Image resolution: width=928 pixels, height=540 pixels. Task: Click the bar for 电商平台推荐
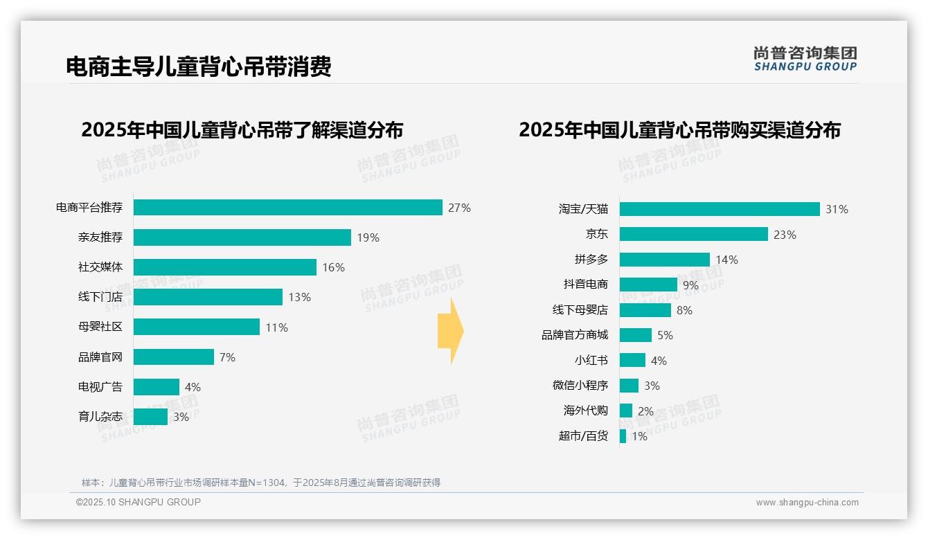click(x=287, y=208)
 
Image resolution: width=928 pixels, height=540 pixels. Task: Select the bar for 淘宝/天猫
click(x=720, y=209)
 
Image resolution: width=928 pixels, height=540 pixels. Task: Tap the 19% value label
click(x=368, y=237)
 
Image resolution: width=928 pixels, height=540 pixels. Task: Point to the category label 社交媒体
click(x=100, y=267)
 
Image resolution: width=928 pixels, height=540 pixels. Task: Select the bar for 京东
click(x=693, y=234)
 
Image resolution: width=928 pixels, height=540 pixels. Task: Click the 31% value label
click(x=837, y=209)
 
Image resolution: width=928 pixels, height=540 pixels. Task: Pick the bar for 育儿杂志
click(x=150, y=417)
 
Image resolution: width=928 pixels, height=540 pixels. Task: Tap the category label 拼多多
click(x=591, y=260)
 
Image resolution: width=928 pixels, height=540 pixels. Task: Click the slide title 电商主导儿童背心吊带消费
click(x=199, y=66)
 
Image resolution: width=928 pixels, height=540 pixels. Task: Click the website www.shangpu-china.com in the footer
click(x=807, y=503)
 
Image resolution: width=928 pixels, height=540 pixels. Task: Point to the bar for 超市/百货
click(x=623, y=436)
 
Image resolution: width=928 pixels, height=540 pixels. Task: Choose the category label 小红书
click(x=591, y=361)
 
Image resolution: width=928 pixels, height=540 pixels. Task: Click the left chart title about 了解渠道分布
click(x=242, y=130)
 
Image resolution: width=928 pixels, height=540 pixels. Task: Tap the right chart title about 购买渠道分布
click(x=679, y=130)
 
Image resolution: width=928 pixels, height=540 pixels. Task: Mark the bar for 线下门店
click(x=208, y=297)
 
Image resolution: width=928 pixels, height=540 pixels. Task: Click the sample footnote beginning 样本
click(x=261, y=483)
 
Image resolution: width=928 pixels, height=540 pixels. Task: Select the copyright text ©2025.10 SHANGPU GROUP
click(x=139, y=502)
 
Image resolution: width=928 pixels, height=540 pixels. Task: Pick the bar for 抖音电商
click(x=648, y=285)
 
